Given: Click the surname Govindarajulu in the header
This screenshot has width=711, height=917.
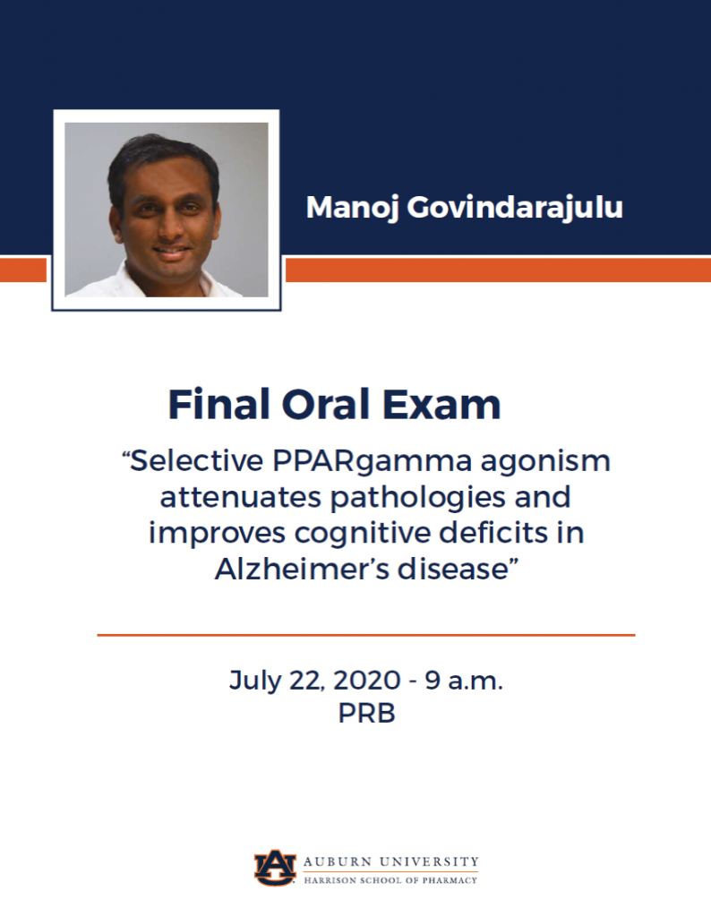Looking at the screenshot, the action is [515, 209].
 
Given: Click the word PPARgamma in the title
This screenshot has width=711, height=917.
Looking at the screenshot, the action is [372, 462].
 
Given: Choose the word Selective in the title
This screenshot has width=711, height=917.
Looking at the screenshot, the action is [193, 461].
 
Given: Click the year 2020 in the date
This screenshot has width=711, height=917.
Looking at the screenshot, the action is [367, 681].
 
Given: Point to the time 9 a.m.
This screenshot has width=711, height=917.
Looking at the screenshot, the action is [464, 681].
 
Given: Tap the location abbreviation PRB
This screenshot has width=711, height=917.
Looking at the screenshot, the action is [366, 714].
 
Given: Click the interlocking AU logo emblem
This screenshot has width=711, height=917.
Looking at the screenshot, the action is [275, 868].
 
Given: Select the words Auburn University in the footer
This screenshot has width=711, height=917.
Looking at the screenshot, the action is [391, 862].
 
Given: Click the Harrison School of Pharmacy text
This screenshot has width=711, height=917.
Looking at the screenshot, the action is [390, 880].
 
